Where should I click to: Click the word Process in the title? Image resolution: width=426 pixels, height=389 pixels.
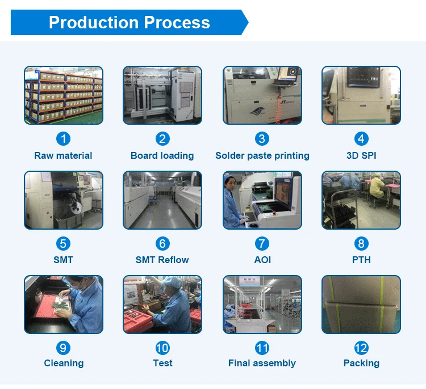177,23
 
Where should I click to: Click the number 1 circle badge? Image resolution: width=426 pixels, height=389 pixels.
63,139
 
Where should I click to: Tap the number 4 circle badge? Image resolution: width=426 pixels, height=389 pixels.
361,139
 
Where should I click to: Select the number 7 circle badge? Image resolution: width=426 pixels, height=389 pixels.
262,244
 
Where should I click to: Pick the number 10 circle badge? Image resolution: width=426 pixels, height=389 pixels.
162,348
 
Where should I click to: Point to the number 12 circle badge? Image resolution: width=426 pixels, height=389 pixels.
361,348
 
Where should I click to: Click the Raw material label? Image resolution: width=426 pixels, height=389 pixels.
63,155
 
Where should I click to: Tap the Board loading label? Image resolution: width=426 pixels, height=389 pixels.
162,155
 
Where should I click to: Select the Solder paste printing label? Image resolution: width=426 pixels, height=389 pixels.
262,155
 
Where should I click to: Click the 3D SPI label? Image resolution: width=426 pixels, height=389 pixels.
361,155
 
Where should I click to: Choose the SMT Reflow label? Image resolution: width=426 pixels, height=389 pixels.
162,260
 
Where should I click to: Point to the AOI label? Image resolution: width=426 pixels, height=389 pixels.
262,260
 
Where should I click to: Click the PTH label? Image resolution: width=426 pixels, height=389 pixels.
361,260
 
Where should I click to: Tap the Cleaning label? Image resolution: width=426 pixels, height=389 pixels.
64,363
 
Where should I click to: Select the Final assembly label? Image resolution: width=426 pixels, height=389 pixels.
262,363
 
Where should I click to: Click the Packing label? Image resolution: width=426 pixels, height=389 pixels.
361,363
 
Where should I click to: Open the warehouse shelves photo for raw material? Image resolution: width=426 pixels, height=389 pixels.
64,95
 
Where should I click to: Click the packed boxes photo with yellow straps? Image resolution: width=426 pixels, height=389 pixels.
361,304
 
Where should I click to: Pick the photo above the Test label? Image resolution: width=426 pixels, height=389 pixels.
162,304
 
